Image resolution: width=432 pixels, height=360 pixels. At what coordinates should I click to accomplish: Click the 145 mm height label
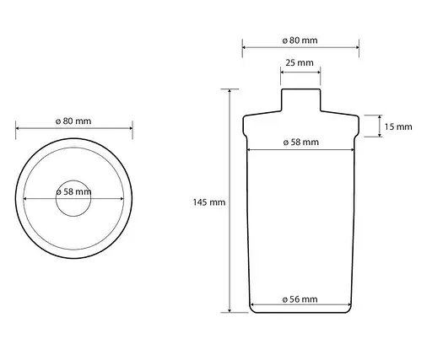click(209, 202)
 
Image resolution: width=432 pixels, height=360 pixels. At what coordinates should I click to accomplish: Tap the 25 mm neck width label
click(300, 62)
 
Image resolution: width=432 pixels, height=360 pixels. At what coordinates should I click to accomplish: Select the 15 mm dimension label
click(398, 126)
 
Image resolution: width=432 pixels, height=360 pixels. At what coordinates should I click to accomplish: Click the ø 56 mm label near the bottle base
click(300, 299)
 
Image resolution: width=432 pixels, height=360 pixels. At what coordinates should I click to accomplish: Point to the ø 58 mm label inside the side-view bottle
click(301, 142)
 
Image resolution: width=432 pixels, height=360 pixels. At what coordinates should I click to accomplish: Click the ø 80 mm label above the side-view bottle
click(300, 40)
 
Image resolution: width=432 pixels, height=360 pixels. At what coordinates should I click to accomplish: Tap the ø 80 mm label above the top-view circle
click(73, 121)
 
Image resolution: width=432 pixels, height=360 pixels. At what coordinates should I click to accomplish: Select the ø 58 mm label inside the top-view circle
click(73, 191)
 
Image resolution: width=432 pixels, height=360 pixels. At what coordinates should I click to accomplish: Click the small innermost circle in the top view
click(73, 180)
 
